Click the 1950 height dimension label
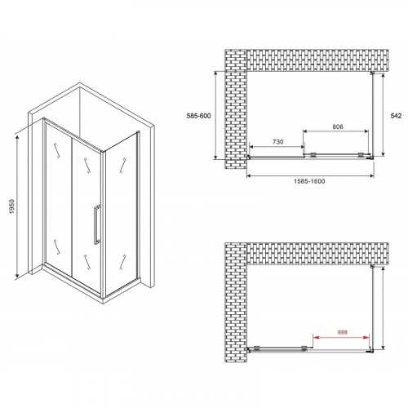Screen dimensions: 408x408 pos(11,206)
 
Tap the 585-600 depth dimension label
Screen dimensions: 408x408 pos(198,116)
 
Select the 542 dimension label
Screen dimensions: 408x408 pos(396,116)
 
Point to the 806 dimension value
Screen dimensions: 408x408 pos(338,126)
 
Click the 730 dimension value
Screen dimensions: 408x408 pos(277,142)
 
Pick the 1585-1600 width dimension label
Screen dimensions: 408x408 pos(309,181)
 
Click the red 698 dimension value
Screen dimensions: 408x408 pos(343,332)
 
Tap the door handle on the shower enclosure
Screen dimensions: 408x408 pos(96,224)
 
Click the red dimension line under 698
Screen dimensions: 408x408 pos(341,338)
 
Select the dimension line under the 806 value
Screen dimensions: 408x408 pos(336,131)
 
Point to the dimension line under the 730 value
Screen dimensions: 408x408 pos(277,147)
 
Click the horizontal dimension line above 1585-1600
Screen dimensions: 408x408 pos(310,176)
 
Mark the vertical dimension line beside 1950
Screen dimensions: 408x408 pos(17,206)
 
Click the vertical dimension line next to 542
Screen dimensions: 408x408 pos(383,114)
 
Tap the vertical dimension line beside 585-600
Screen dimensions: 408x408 pos(215,115)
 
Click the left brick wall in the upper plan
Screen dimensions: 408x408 pos(236,109)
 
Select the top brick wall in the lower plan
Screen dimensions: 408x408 pos(317,254)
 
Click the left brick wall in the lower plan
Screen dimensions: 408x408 pos(236,303)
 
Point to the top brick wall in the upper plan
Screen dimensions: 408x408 pos(317,60)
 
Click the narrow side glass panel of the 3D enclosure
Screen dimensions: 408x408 pos(121,214)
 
